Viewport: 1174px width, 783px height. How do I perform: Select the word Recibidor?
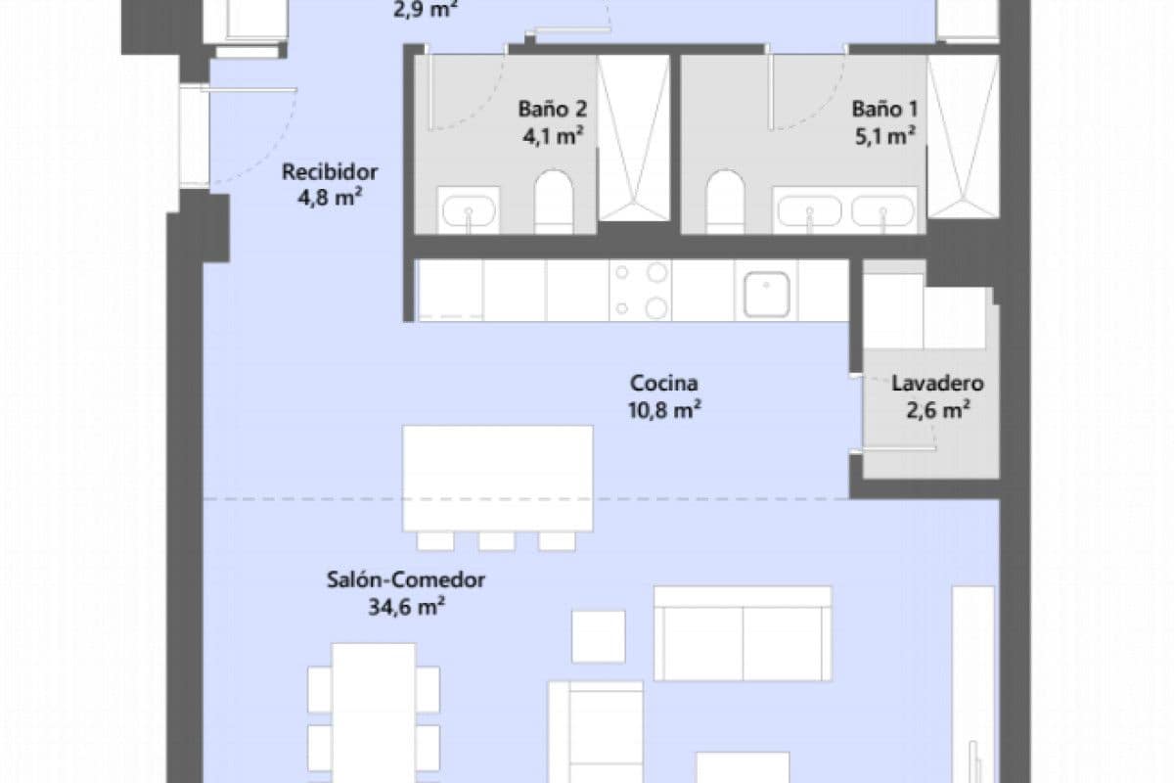[330, 172]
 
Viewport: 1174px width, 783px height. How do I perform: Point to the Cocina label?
[664, 383]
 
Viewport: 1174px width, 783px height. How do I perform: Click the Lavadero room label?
[936, 384]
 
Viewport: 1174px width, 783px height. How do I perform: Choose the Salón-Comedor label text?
[406, 579]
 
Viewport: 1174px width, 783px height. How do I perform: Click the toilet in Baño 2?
[553, 202]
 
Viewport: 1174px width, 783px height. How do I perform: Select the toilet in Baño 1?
[725, 202]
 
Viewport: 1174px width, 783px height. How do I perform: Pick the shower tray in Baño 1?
[963, 137]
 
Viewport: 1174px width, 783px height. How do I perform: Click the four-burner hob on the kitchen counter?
[640, 290]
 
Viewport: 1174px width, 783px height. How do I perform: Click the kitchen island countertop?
[498, 478]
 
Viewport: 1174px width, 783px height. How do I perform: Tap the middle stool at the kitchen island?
[496, 540]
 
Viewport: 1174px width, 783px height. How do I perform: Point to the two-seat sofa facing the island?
[743, 633]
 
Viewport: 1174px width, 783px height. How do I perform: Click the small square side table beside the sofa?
[598, 636]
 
